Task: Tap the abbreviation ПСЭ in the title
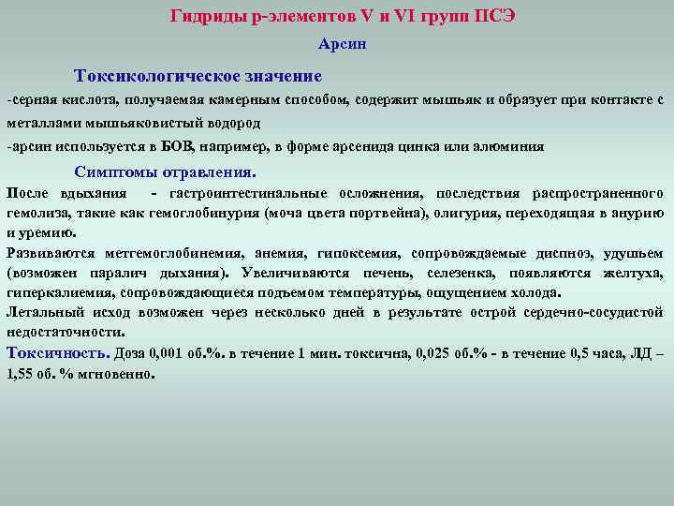[x=494, y=16]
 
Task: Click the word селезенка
[x=462, y=273]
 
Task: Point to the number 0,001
[x=173, y=354]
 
